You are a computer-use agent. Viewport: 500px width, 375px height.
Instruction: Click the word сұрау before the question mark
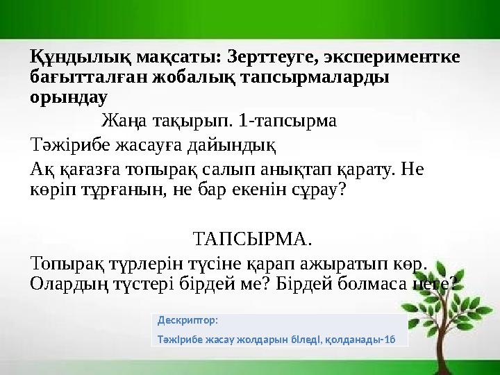(312, 190)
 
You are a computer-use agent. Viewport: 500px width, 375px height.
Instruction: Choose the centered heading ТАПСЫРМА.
(251, 240)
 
